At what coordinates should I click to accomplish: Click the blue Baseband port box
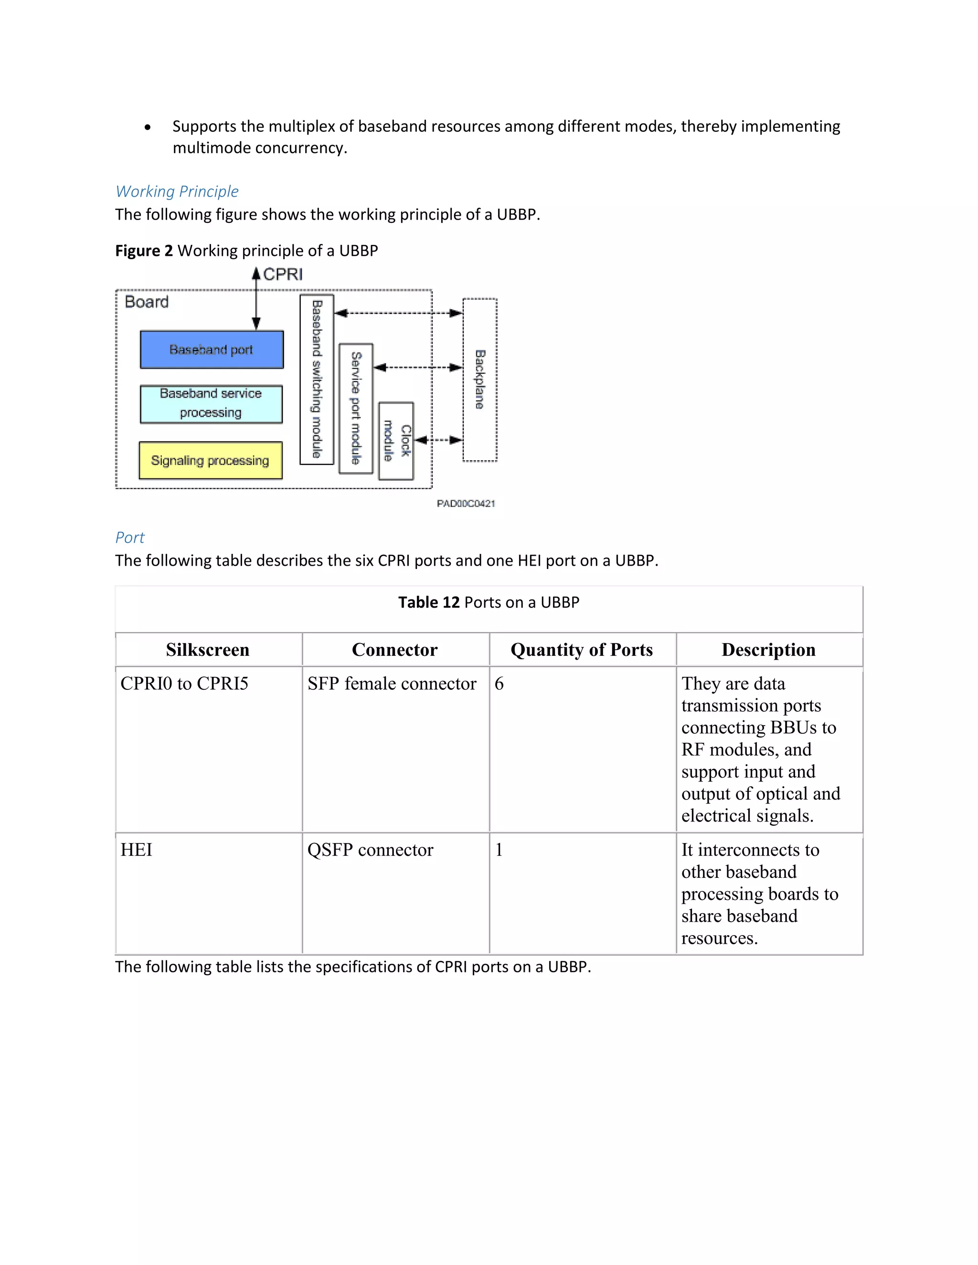pyautogui.click(x=212, y=349)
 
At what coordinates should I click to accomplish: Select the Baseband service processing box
pyautogui.click(x=211, y=404)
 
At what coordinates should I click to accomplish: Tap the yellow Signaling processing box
pyautogui.click(x=210, y=461)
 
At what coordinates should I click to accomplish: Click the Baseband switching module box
pyautogui.click(x=316, y=379)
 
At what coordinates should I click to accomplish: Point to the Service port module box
pyautogui.click(x=356, y=408)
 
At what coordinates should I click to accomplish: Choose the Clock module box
pyautogui.click(x=396, y=441)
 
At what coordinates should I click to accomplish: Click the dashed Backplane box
pyautogui.click(x=480, y=379)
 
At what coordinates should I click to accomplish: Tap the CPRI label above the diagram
pyautogui.click(x=283, y=274)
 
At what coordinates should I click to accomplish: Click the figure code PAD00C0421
pyautogui.click(x=466, y=503)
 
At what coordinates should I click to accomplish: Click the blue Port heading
pyautogui.click(x=130, y=538)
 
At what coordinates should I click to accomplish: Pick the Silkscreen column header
pyautogui.click(x=207, y=650)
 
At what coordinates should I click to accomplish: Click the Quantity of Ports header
pyautogui.click(x=581, y=650)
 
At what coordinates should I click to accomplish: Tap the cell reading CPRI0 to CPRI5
pyautogui.click(x=184, y=684)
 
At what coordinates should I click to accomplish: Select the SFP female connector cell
pyautogui.click(x=392, y=684)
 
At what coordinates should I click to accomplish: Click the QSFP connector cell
pyautogui.click(x=370, y=850)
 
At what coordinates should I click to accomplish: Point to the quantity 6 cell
pyautogui.click(x=500, y=684)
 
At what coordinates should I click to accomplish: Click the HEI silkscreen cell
pyautogui.click(x=137, y=850)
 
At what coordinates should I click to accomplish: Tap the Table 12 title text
pyautogui.click(x=489, y=602)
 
